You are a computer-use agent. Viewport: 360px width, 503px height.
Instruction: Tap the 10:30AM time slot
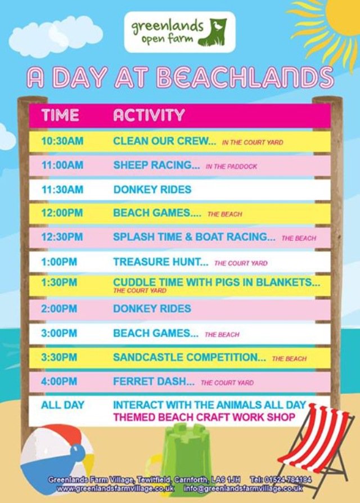click(x=62, y=141)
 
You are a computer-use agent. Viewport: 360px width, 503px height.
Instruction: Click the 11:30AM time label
click(x=62, y=190)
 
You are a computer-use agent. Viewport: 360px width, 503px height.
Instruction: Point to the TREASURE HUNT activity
click(x=160, y=262)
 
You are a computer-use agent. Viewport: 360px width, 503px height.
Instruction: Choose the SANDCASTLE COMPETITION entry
click(x=189, y=357)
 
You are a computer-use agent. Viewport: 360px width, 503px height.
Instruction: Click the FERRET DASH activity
click(x=154, y=381)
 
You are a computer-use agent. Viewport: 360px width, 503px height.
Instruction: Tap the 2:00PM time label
click(x=60, y=309)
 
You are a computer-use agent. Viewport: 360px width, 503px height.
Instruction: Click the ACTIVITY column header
click(x=148, y=115)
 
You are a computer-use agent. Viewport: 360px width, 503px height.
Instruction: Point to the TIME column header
click(x=60, y=115)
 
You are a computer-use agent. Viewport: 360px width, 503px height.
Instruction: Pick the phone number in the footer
click(x=281, y=480)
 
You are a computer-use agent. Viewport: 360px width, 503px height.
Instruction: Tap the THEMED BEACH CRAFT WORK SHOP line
click(x=204, y=417)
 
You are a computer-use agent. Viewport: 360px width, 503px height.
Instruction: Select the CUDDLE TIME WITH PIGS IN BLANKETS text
click(x=217, y=283)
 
